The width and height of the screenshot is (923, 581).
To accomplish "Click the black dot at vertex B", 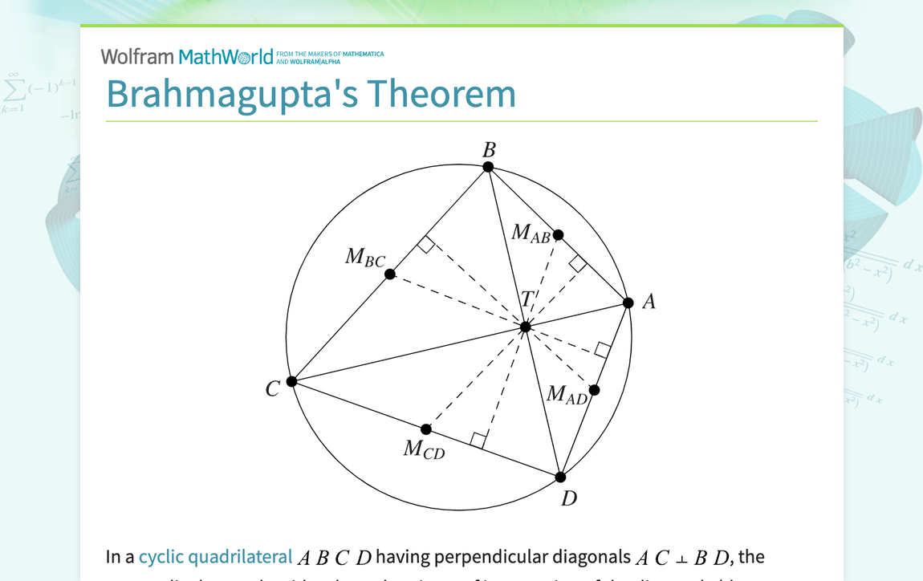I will tap(488, 167).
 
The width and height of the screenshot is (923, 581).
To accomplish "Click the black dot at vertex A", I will tap(628, 303).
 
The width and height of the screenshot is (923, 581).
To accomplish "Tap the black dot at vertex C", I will tap(292, 381).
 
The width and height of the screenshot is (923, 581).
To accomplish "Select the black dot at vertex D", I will tap(561, 477).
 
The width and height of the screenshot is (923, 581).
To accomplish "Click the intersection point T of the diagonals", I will tap(526, 327).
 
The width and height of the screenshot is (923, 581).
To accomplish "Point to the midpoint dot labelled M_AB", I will tap(559, 235).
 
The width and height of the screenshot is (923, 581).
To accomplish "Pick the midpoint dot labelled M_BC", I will tap(390, 274).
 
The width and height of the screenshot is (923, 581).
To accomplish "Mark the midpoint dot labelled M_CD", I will tap(426, 429).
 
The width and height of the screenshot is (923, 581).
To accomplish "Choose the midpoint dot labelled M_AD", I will tap(595, 390).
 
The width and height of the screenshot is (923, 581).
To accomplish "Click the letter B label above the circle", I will tap(489, 149).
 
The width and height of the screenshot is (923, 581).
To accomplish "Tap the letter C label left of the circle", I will tap(273, 389).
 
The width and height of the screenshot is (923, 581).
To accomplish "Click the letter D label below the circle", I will tap(569, 498).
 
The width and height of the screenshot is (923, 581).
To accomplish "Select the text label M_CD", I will tap(424, 449).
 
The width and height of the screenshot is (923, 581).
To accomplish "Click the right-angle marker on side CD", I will tap(478, 440).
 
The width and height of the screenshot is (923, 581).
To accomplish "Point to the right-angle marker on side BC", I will tap(426, 245).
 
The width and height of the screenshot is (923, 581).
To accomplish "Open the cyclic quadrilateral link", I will tap(215, 557).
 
